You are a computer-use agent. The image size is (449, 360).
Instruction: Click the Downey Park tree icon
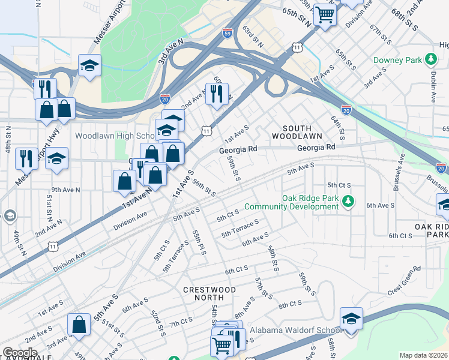430,60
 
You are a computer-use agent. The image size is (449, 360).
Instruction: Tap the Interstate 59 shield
227,32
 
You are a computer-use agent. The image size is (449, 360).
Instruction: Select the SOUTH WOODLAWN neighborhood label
289,133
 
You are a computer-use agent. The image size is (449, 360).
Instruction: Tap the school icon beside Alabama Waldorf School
351,318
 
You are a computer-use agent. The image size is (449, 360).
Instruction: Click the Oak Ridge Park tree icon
348,202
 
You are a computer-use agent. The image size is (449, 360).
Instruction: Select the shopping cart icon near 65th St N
325,14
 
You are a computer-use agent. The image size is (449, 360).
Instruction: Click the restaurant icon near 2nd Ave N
217,94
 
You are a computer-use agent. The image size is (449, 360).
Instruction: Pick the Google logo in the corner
19,353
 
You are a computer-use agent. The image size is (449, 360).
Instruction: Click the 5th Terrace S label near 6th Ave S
240,228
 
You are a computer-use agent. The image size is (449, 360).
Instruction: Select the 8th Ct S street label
290,305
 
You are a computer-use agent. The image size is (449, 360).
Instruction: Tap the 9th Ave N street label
65,190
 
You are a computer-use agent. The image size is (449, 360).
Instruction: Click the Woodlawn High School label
115,136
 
